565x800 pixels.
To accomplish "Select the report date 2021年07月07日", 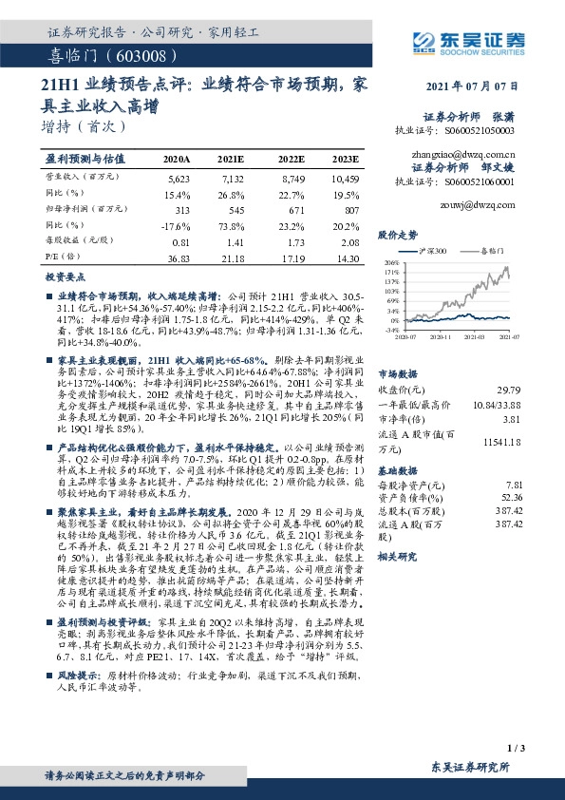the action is (474, 86).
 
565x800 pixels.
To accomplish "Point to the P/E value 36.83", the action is (179, 258).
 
